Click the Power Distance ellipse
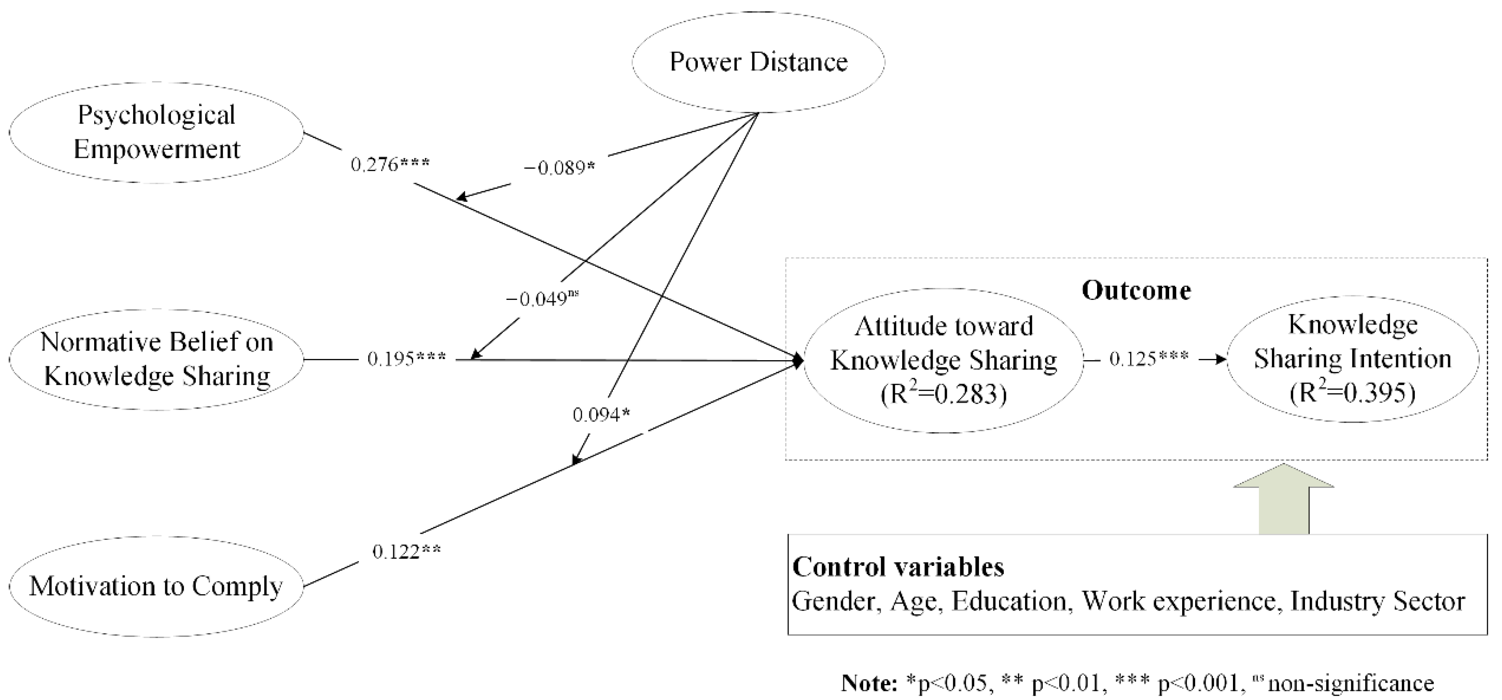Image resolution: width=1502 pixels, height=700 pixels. (758, 62)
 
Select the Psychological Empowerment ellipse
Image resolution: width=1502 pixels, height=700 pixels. (156, 132)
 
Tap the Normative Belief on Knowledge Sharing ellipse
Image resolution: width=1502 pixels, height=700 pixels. (156, 359)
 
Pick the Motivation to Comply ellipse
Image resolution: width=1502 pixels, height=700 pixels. (156, 586)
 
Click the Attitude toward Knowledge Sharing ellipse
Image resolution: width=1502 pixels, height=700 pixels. (943, 360)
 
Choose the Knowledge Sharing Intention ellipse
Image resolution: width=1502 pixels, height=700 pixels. (1353, 358)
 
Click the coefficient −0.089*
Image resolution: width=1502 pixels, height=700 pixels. (559, 168)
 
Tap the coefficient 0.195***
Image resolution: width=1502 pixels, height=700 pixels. (406, 359)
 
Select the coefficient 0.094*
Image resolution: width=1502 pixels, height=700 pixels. (601, 415)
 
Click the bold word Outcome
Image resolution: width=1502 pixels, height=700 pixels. (1136, 290)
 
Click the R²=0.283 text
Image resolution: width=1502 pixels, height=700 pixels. (943, 394)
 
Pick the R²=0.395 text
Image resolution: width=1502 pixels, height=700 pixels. (1353, 393)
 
